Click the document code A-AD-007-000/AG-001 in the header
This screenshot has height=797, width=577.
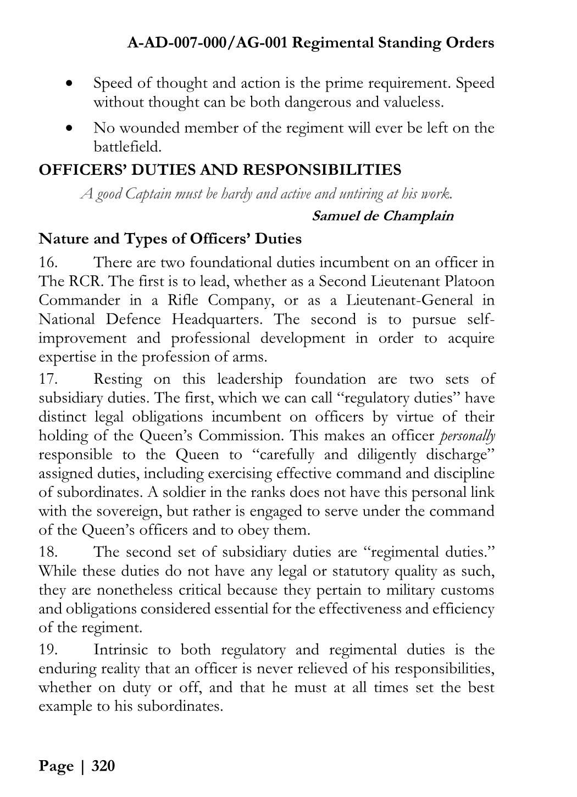tap(207, 43)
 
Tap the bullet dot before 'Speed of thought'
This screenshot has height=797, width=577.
tap(69, 84)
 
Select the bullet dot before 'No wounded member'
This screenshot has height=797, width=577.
tap(69, 129)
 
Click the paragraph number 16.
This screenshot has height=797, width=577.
tap(48, 263)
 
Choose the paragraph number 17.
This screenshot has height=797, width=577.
tap(48, 379)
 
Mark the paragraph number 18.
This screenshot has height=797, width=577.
tap(48, 552)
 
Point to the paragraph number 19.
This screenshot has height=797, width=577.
tap(48, 650)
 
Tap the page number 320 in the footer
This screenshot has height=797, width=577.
tap(103, 766)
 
